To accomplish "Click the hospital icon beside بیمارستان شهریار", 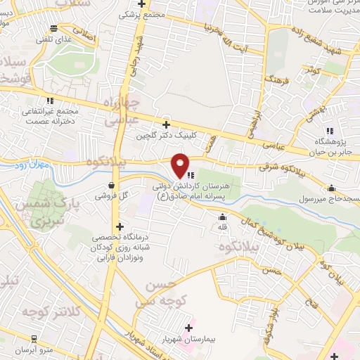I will click(x=188, y=328).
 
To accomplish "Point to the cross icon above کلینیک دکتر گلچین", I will click(x=166, y=124).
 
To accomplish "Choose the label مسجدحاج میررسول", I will click(x=330, y=199).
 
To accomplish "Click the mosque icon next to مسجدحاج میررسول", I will click(x=332, y=188).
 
